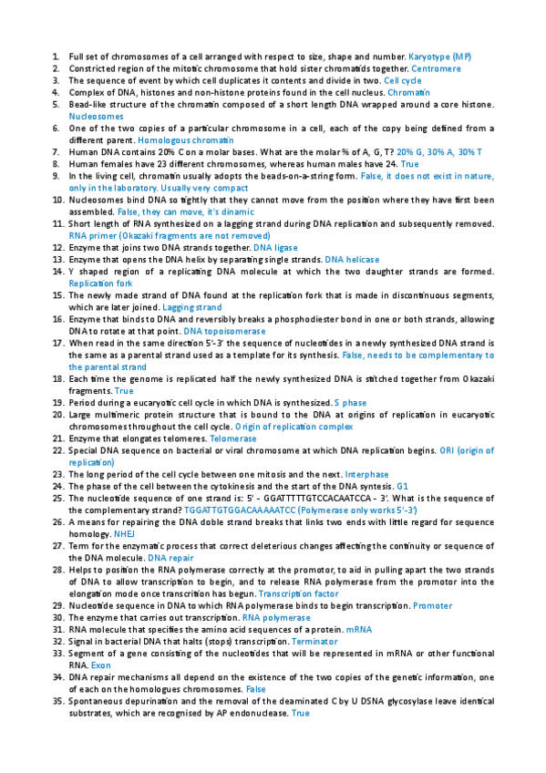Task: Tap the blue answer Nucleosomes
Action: click(x=96, y=117)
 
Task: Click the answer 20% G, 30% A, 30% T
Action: click(x=439, y=151)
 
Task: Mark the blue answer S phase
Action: click(x=350, y=402)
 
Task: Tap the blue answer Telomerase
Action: click(x=233, y=438)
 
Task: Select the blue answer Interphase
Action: click(x=367, y=474)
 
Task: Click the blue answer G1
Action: click(x=402, y=486)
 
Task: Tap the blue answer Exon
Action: click(x=100, y=665)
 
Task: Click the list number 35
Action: click(x=58, y=701)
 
